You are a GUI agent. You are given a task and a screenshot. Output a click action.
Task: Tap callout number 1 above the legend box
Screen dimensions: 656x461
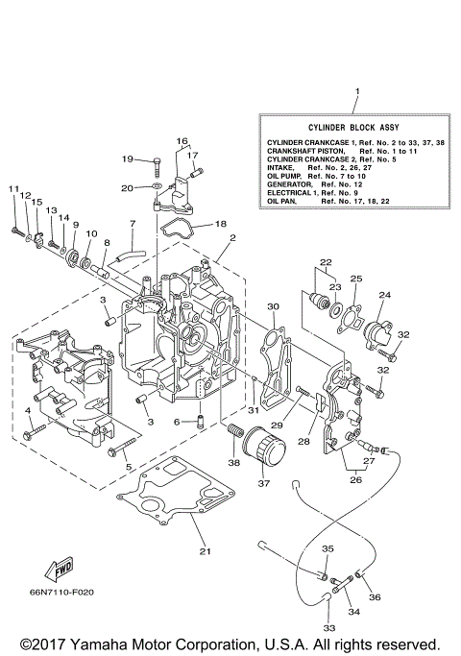point(356,94)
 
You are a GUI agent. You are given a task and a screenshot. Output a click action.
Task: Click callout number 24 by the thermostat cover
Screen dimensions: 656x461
point(384,296)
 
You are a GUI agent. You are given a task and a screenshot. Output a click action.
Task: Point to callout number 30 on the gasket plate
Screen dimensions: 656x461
point(273,307)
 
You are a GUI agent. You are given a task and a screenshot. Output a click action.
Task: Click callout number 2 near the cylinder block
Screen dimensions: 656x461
point(231,236)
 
